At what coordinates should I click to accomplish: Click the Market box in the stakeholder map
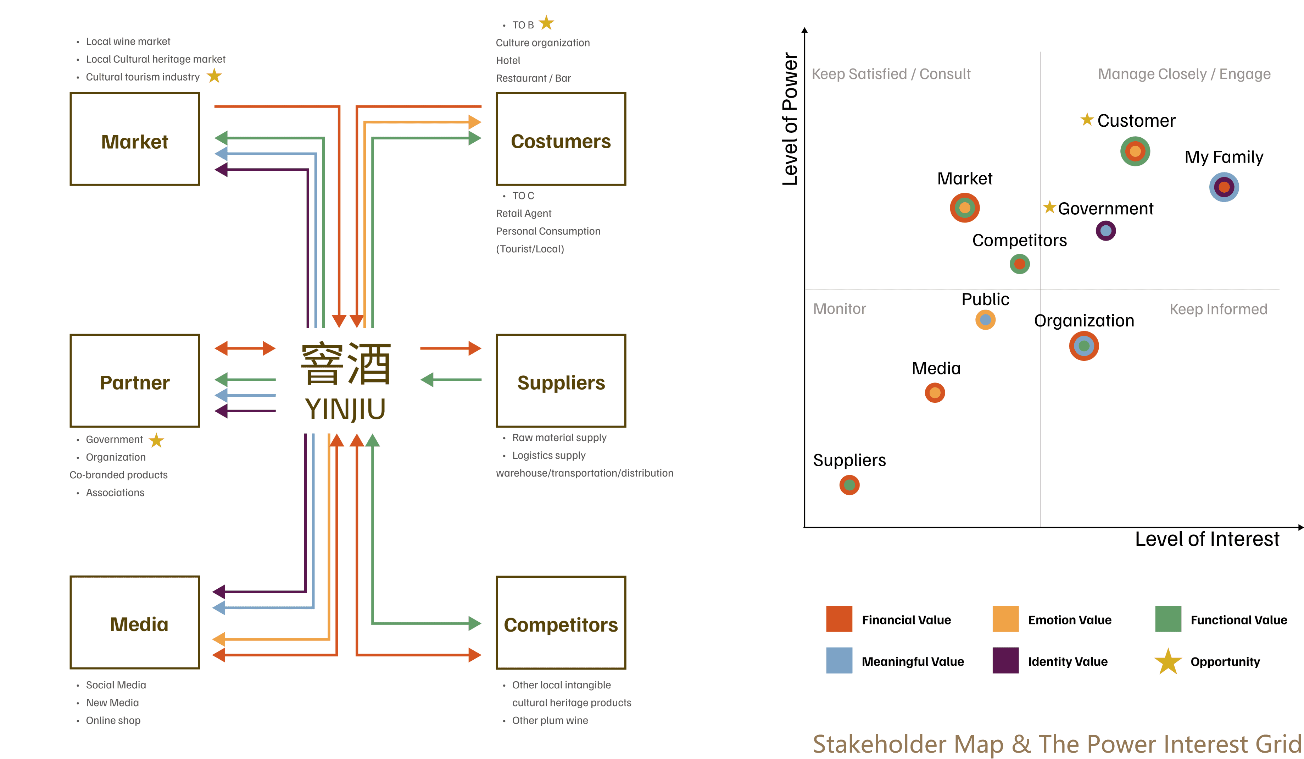[134, 139]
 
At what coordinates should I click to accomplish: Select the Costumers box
[561, 139]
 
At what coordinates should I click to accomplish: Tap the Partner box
[134, 380]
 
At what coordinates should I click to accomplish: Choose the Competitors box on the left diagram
[561, 622]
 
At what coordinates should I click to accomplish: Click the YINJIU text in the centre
[345, 409]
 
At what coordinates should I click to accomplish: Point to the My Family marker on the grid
[1224, 187]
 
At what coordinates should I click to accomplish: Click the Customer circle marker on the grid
[1135, 151]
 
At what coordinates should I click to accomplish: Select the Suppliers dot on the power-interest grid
[849, 485]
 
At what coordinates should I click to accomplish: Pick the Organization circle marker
[1083, 346]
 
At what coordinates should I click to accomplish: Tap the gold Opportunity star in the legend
[1168, 662]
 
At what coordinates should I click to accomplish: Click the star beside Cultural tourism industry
[214, 76]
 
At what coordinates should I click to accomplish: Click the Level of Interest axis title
[1207, 539]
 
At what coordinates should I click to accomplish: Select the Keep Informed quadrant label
[1218, 309]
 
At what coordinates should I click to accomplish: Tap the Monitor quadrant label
[839, 309]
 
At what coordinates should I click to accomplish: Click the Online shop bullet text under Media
[113, 720]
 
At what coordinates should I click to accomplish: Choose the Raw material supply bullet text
[559, 438]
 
